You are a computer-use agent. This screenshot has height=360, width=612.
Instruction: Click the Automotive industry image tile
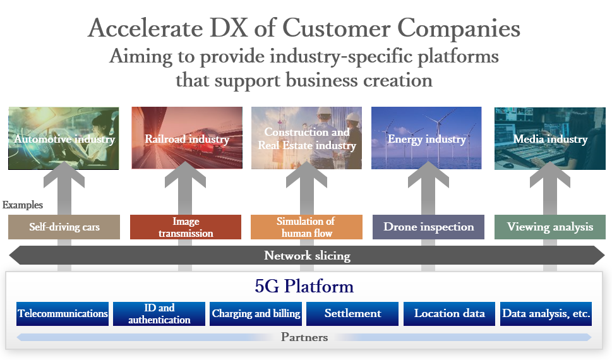point(64,138)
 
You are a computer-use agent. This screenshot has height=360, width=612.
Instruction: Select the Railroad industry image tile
point(187,138)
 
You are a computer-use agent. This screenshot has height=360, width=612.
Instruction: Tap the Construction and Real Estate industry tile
point(306,138)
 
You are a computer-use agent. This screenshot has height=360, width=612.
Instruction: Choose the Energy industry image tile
point(426,138)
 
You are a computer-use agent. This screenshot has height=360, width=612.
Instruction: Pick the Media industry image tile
point(550,138)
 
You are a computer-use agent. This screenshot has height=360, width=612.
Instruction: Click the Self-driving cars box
point(64,227)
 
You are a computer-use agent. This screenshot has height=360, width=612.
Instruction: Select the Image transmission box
point(186,227)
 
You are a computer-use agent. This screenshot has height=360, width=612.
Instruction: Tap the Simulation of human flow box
point(306,227)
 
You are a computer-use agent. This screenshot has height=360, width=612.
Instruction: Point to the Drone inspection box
point(428,227)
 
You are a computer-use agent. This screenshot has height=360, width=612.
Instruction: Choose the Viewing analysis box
point(550,227)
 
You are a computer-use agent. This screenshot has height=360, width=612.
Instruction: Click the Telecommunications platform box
point(63,313)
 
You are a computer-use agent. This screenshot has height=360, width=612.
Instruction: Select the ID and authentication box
point(159,313)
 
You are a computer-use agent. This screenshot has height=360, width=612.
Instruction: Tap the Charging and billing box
point(256,313)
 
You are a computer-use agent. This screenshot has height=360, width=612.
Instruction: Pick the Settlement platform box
point(352,313)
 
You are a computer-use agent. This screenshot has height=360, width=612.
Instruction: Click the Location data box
point(449,313)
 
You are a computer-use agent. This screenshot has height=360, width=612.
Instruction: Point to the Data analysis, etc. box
point(546,313)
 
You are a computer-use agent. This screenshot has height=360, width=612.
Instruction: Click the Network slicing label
point(307,255)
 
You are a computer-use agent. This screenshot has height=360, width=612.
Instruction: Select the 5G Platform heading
point(304,286)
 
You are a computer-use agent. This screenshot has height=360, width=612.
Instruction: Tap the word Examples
point(23,205)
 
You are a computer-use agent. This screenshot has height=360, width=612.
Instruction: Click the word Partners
point(304,337)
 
